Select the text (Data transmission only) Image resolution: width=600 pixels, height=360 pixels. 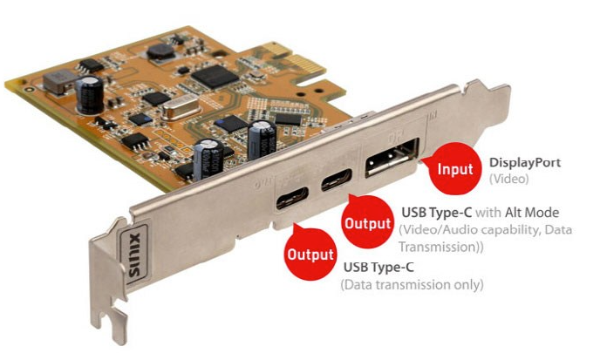tap(412, 285)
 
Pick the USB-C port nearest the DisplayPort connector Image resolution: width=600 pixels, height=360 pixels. tap(337, 183)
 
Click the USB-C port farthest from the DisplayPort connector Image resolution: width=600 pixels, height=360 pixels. tap(292, 201)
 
